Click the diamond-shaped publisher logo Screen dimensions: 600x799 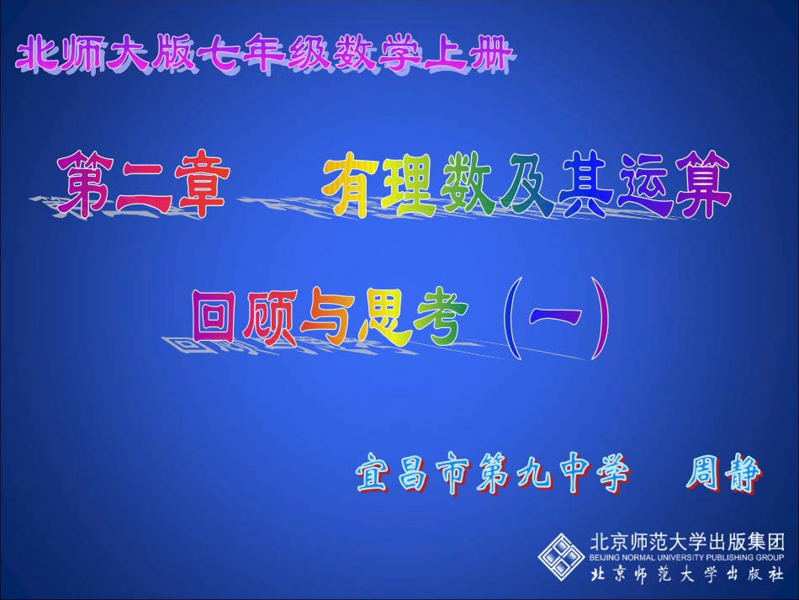point(562,555)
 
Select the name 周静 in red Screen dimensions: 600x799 point(724,475)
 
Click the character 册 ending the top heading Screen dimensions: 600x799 point(490,56)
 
